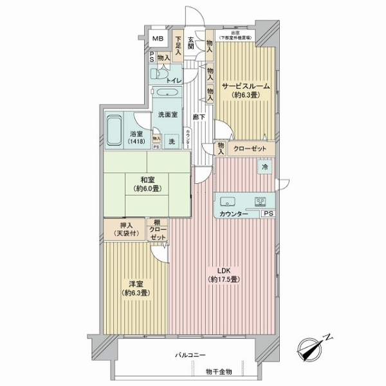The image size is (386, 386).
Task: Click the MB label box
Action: (x=157, y=39)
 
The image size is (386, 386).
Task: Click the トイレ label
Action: (x=174, y=80)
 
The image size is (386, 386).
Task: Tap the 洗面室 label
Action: (x=167, y=115)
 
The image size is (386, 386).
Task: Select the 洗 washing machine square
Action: (x=172, y=140)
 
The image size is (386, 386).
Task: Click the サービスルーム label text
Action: (x=245, y=86)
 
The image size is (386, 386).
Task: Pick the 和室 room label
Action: (x=147, y=181)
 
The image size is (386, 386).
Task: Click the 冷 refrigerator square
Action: (x=264, y=167)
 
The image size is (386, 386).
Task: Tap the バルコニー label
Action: (x=190, y=355)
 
